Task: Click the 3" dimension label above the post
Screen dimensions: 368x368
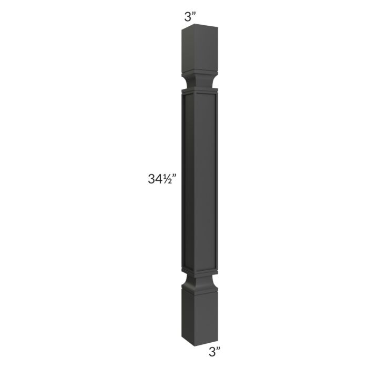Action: point(190,15)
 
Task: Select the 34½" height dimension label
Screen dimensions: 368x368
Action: point(161,179)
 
